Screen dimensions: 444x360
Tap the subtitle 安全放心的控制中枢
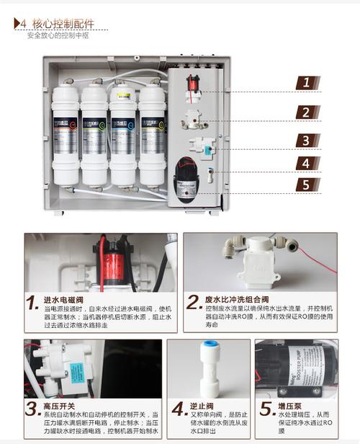point(58,35)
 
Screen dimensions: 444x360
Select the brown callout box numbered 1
point(306,82)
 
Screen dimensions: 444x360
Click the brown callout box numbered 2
point(306,112)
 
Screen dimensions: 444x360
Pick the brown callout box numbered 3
point(306,141)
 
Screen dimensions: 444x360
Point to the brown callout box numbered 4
point(306,163)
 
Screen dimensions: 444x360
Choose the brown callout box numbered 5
point(306,185)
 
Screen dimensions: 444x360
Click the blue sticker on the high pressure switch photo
point(74,371)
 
